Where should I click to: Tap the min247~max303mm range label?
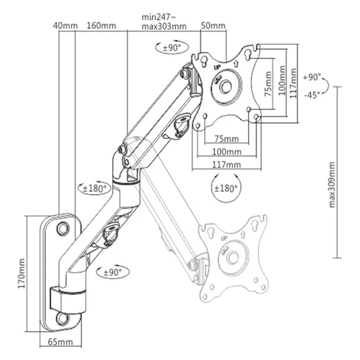[x=164, y=21]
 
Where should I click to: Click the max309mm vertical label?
[x=332, y=184]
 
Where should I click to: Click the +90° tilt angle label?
[x=312, y=77]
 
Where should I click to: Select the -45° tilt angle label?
[x=312, y=94]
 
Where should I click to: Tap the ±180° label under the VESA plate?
[x=225, y=188]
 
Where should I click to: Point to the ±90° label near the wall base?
[x=114, y=272]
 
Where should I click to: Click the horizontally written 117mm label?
[x=227, y=165]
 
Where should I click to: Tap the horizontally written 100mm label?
[x=227, y=152]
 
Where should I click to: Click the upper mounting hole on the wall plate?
[x=62, y=226]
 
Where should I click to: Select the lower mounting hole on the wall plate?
[x=62, y=318]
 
